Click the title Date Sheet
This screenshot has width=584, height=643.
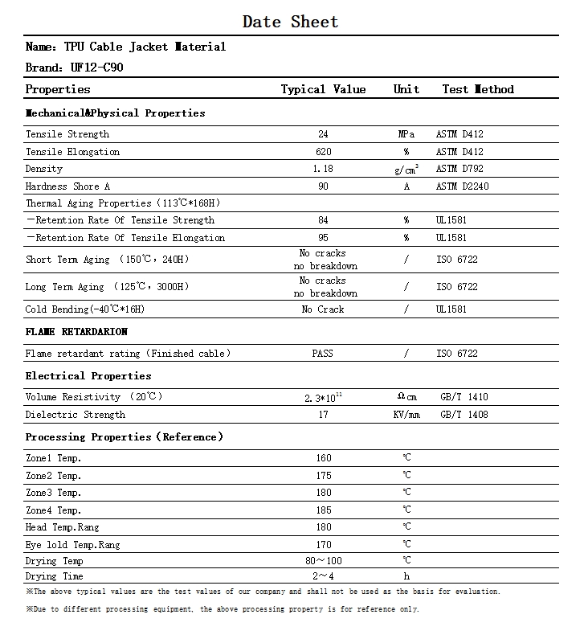pos(291,22)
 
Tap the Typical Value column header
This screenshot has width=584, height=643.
pos(323,89)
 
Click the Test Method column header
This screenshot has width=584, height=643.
pos(478,89)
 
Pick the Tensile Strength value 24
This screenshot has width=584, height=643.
pos(323,134)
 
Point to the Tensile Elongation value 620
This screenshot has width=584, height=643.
pos(323,152)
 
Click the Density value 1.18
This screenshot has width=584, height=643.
pos(323,169)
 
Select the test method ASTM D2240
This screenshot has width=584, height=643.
pos(463,186)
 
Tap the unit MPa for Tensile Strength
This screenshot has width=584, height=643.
pos(406,134)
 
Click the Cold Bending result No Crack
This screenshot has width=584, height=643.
pos(323,309)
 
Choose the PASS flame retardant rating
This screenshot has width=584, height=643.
pos(323,354)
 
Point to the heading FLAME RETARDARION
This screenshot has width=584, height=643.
pos(76,332)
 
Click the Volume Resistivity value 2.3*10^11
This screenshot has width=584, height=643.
pos(323,396)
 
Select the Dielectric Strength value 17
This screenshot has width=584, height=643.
pos(323,415)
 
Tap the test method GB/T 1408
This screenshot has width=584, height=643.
pos(464,415)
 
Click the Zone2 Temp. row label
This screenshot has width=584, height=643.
pos(54,476)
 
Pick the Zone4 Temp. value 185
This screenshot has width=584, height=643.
pos(323,510)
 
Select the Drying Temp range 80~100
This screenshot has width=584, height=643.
pos(323,560)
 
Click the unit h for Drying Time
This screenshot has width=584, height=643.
pos(406,576)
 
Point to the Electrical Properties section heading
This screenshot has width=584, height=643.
pos(88,376)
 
